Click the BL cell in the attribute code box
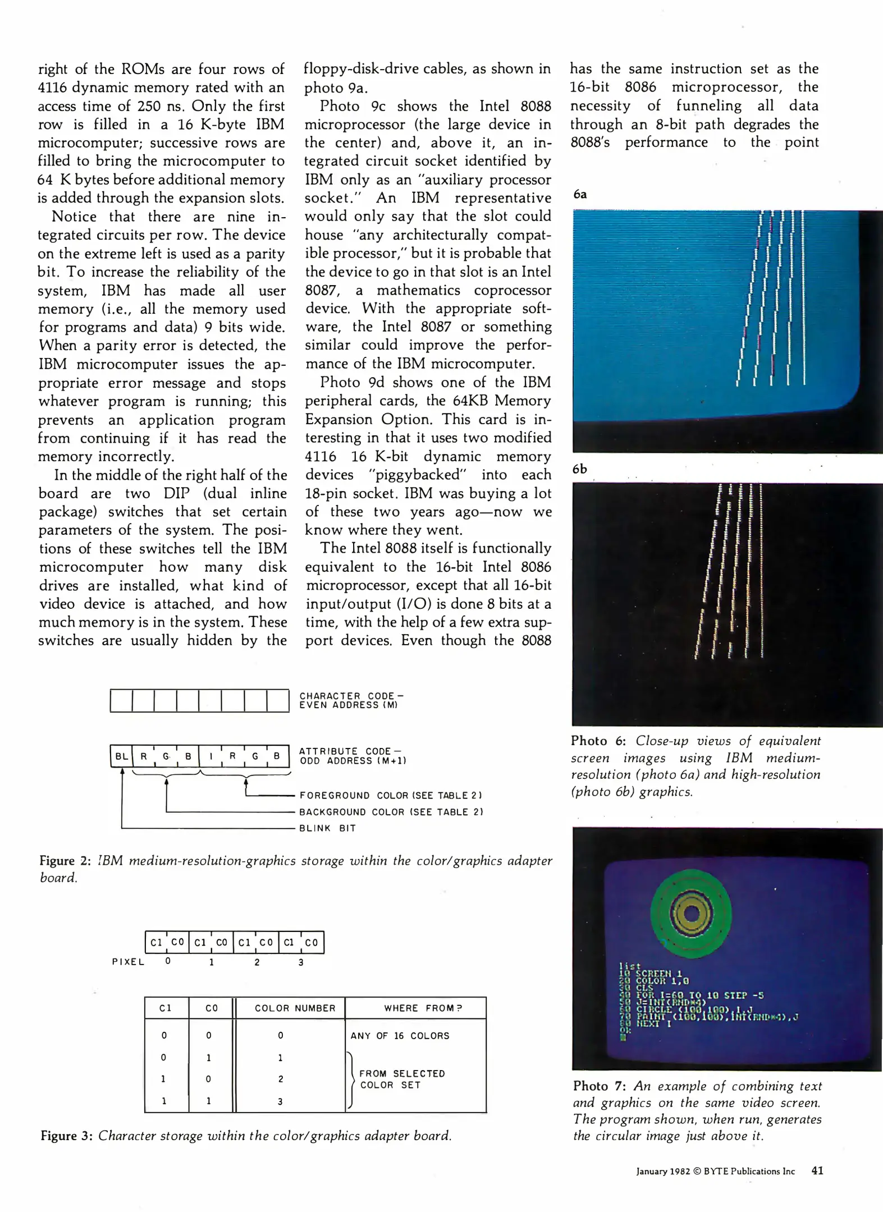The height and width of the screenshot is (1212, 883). (x=121, y=756)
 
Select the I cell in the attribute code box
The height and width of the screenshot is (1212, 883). (x=211, y=756)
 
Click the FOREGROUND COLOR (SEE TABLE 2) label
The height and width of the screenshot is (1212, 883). (x=391, y=795)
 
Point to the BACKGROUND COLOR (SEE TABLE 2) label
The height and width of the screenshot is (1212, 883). (x=391, y=811)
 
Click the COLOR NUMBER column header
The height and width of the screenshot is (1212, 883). (x=295, y=1008)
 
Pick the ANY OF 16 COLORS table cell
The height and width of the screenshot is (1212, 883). (x=400, y=1036)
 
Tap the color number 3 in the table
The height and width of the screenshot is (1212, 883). (x=281, y=1101)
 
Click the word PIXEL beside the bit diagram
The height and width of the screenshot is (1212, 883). (x=128, y=962)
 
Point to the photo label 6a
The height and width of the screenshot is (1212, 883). (x=580, y=194)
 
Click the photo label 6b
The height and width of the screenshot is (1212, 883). (x=580, y=469)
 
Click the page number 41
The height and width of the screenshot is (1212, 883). (x=817, y=1171)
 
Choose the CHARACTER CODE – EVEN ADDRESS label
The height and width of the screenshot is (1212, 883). (x=351, y=700)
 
